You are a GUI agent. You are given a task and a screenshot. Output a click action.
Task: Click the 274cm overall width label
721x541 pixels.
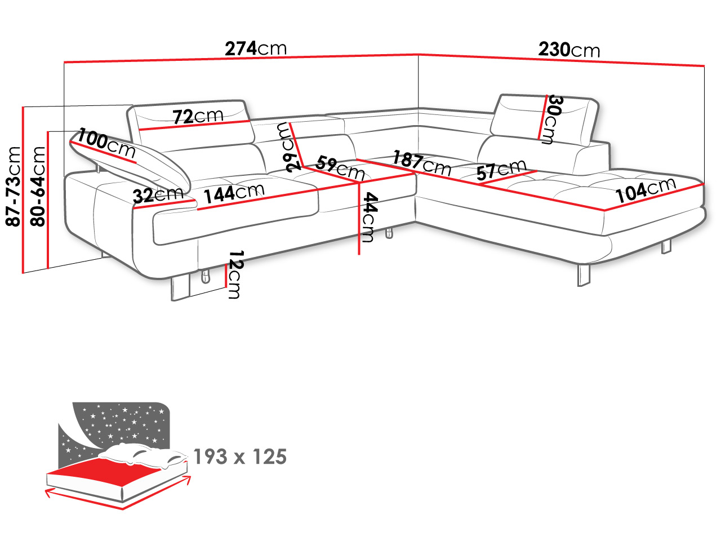256,48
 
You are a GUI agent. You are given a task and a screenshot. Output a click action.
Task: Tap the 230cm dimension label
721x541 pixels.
569,50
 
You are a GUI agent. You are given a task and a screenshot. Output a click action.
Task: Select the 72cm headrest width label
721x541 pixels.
198,116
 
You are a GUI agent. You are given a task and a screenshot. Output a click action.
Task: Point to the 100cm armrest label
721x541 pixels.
106,144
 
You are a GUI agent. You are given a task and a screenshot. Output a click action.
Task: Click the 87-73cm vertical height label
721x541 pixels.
14,187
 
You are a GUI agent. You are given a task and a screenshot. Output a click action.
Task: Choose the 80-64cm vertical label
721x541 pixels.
37,187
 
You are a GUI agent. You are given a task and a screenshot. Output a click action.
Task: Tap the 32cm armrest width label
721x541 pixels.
158,195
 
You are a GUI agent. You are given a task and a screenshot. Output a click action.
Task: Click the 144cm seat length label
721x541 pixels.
234,193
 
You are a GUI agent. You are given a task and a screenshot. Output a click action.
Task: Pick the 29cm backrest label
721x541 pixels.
289,148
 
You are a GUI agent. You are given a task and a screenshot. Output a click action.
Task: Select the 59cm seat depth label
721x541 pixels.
340,168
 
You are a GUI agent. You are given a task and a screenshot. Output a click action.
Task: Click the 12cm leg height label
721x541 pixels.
235,274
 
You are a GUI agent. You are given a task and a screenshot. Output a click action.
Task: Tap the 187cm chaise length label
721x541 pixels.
422,163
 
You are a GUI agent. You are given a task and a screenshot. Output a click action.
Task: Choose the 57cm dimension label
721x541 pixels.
501,170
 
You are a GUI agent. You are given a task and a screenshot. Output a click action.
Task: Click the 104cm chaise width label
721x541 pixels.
646,190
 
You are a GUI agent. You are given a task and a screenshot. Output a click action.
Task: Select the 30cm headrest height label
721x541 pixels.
555,119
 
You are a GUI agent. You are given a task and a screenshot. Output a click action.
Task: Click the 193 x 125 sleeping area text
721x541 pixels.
240,457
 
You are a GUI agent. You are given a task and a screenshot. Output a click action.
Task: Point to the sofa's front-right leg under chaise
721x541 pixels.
584,275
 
